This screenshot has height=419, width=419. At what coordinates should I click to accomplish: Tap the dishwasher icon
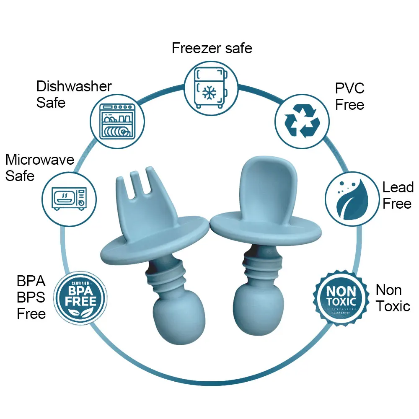point(118,121)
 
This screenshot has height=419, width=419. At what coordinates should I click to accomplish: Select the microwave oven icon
point(69,198)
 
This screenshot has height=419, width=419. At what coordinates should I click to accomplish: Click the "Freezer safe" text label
point(212,48)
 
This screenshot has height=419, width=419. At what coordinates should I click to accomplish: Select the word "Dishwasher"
point(74,86)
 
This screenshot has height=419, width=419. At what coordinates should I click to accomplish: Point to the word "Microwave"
point(40,160)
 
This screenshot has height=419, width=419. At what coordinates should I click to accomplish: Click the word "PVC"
point(350,88)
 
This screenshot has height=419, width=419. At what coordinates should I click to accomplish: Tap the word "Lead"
point(398,187)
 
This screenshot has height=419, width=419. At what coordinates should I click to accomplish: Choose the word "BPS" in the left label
point(31,297)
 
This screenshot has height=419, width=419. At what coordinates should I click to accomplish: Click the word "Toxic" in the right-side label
point(393,306)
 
